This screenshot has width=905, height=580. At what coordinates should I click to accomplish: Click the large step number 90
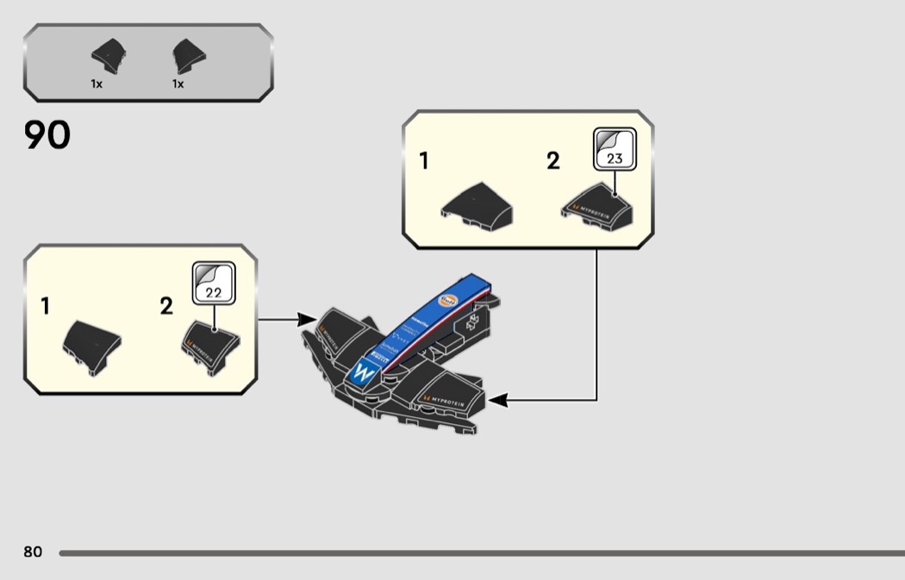tap(47, 135)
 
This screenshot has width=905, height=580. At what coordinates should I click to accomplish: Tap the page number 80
tap(33, 552)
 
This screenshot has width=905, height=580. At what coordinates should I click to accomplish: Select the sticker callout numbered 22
tap(213, 284)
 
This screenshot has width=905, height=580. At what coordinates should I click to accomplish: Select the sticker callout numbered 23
tap(615, 149)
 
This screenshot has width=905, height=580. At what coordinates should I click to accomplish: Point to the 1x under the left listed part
tap(97, 84)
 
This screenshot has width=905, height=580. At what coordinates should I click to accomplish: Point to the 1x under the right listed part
tap(178, 84)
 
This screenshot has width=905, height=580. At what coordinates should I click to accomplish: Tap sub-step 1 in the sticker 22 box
tap(45, 306)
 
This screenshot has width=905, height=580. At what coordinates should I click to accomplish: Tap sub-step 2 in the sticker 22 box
tap(166, 306)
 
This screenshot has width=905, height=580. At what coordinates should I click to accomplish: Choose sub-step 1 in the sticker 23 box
tap(424, 160)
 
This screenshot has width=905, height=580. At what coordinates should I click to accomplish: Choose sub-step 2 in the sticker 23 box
tap(553, 160)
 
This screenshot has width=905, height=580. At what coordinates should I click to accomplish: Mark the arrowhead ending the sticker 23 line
tap(496, 401)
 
